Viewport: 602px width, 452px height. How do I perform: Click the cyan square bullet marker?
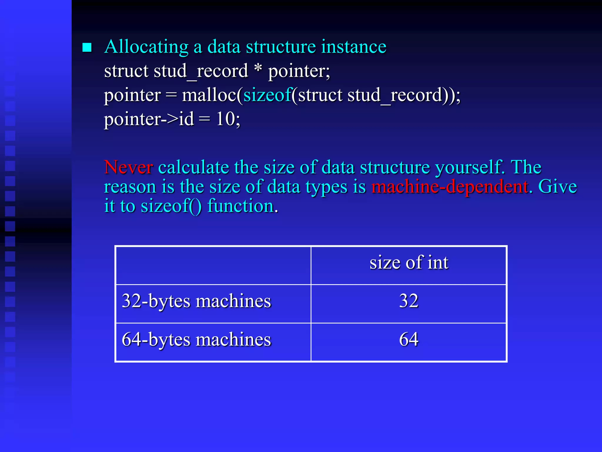(x=87, y=47)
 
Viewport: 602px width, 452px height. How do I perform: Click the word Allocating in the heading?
(x=146, y=47)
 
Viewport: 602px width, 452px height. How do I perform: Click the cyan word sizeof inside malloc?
(x=267, y=95)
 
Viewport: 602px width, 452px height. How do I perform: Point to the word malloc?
(x=209, y=95)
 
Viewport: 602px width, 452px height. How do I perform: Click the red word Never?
(x=128, y=167)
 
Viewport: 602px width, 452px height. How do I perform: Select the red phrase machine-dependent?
(x=450, y=187)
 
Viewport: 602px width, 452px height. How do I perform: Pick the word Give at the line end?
(x=557, y=187)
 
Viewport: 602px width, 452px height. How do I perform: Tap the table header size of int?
(x=409, y=262)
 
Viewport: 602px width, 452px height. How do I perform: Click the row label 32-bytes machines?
(x=196, y=301)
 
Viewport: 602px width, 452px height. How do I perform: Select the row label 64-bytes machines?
(x=196, y=340)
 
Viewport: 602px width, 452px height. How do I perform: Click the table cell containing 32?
(x=409, y=301)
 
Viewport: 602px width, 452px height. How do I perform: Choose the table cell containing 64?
(x=409, y=340)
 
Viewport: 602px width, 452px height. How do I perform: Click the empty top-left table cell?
(x=213, y=265)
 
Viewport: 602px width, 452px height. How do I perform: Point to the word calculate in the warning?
(x=194, y=167)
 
